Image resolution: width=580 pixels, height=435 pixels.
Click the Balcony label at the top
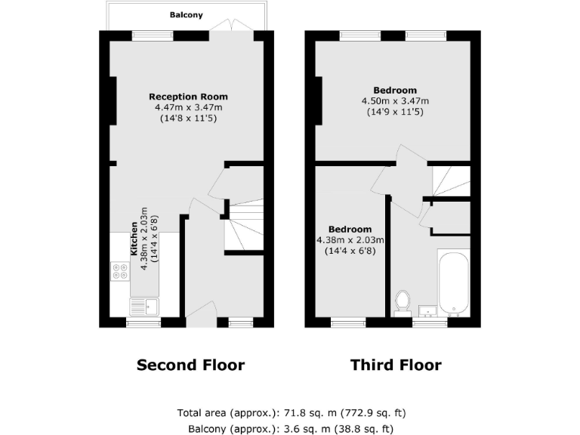[186, 14]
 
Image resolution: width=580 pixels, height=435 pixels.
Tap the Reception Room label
[188, 97]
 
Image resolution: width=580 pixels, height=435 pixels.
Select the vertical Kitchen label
[134, 239]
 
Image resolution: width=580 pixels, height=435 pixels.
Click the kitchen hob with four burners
[119, 271]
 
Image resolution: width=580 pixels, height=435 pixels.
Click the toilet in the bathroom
[402, 301]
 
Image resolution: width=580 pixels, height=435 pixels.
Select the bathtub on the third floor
[453, 283]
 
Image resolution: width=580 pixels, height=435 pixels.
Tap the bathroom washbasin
[427, 310]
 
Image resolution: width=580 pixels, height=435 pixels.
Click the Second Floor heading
[190, 366]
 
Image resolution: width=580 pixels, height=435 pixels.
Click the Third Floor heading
[396, 366]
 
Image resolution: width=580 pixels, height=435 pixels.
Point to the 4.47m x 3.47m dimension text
[188, 108]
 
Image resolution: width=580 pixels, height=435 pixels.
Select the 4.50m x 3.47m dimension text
[395, 101]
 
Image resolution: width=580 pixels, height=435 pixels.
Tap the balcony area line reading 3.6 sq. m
[290, 429]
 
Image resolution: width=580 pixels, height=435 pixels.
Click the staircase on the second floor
[243, 226]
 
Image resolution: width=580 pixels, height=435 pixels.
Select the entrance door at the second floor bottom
[199, 313]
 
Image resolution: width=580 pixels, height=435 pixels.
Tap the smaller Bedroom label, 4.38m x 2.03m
[350, 230]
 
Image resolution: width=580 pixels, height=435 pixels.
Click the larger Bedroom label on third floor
[395, 91]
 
